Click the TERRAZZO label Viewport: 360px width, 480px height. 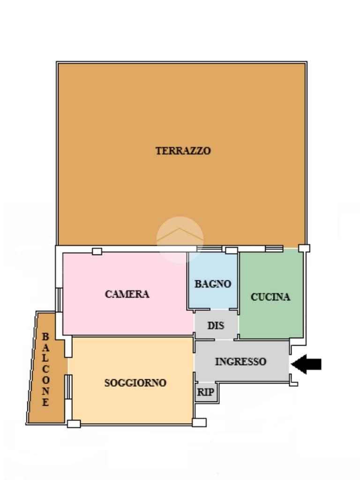183,151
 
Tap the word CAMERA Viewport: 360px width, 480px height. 127,294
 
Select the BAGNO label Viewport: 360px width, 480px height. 213,284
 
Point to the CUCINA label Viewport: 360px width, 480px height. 270,297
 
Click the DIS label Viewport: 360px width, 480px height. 216,326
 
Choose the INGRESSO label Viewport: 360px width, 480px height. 240,361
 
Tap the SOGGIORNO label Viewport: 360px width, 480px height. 135,382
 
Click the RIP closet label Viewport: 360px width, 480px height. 205,392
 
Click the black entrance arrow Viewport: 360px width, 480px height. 306,364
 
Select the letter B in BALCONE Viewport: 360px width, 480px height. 45,337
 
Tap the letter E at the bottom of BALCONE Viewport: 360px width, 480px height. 45,402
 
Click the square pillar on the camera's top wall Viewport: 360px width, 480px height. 97,251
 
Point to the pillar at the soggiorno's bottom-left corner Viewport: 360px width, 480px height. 74,424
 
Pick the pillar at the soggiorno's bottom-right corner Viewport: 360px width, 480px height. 199,423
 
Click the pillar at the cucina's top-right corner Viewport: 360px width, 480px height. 304,248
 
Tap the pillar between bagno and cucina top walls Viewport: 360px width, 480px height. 232,250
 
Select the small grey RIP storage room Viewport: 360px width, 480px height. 206,392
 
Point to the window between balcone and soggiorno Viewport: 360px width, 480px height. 68,387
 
